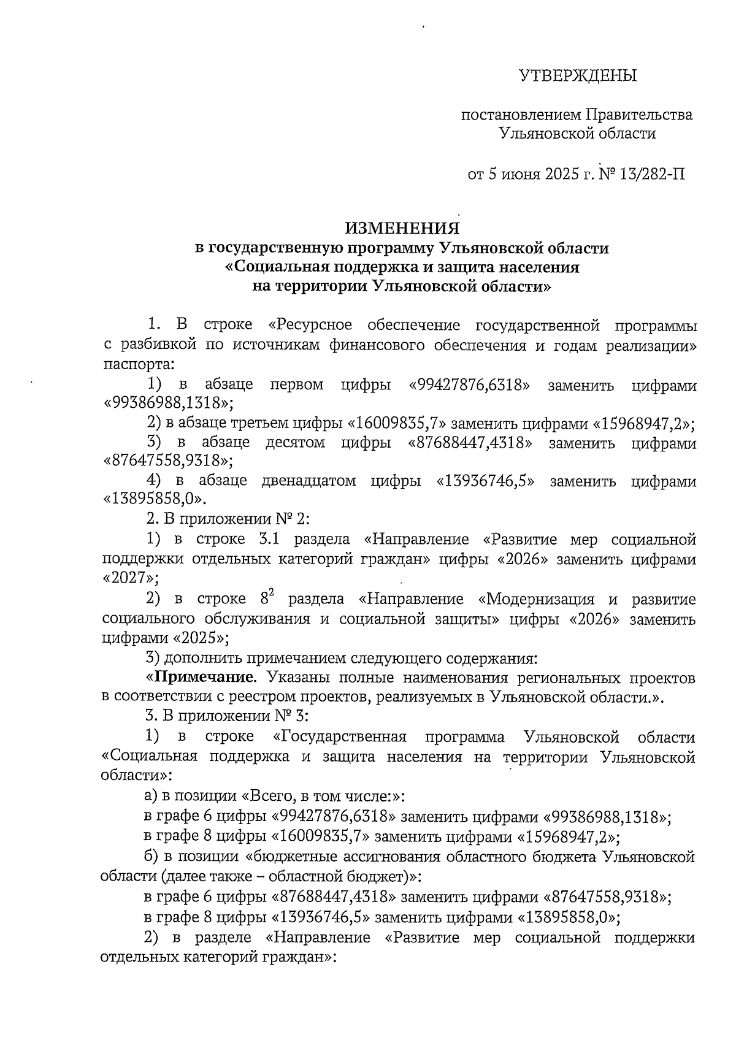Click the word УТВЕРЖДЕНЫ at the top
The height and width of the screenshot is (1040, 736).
tap(578, 76)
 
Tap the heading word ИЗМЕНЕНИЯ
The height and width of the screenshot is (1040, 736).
tap(402, 228)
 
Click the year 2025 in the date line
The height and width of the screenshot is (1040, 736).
tap(559, 174)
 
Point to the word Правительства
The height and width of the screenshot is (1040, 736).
tap(639, 115)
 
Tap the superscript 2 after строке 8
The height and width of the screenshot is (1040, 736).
tap(270, 594)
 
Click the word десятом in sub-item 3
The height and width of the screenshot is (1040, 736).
tap(294, 442)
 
